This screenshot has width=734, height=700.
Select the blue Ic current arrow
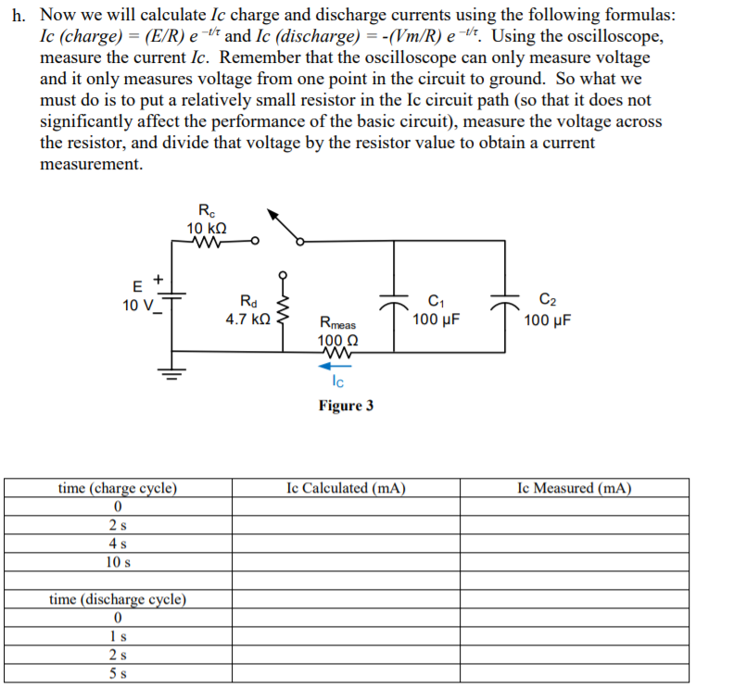(x=336, y=365)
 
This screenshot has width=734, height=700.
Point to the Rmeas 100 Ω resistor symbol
(x=335, y=352)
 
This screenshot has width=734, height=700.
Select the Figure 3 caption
(x=346, y=406)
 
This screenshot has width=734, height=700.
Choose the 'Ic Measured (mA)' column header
(x=575, y=488)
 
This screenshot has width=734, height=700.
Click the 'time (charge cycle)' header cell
(x=118, y=488)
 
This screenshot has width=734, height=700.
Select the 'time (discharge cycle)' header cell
(x=118, y=599)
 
